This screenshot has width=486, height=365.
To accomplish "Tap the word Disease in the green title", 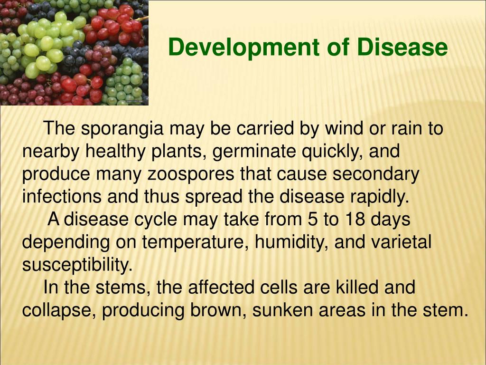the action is pyautogui.click(x=402, y=47).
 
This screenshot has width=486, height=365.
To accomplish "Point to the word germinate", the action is pyautogui.click(x=254, y=152).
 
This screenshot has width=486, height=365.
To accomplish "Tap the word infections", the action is pyautogui.click(x=62, y=196).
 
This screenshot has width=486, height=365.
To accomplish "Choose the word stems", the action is pyautogui.click(x=121, y=288).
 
